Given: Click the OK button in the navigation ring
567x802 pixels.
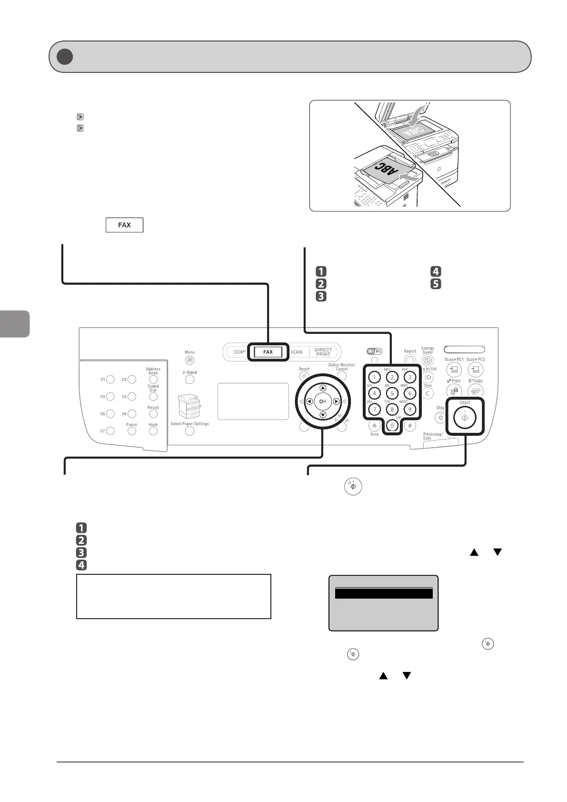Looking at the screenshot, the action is click(323, 401).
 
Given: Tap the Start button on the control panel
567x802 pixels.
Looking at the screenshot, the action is click(465, 418).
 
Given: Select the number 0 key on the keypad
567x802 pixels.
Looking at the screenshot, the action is click(392, 425).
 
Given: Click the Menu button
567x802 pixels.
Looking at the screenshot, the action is click(189, 361).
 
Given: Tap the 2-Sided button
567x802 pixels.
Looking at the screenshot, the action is click(189, 380).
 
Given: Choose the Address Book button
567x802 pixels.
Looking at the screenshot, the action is click(153, 380).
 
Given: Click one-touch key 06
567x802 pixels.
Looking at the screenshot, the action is click(132, 414).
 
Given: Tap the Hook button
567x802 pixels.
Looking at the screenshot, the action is click(153, 431).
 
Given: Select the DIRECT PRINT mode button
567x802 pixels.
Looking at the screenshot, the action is click(323, 352).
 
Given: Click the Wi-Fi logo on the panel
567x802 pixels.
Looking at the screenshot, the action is click(374, 351).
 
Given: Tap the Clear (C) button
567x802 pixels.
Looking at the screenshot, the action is click(428, 393).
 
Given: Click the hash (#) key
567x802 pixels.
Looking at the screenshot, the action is click(409, 425).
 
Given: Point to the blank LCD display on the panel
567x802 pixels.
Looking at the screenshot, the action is click(253, 401).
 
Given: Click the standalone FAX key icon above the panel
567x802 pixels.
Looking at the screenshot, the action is click(124, 225).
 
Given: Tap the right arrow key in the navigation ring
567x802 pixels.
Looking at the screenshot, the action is click(337, 401).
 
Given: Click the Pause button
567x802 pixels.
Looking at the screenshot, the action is click(132, 431).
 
